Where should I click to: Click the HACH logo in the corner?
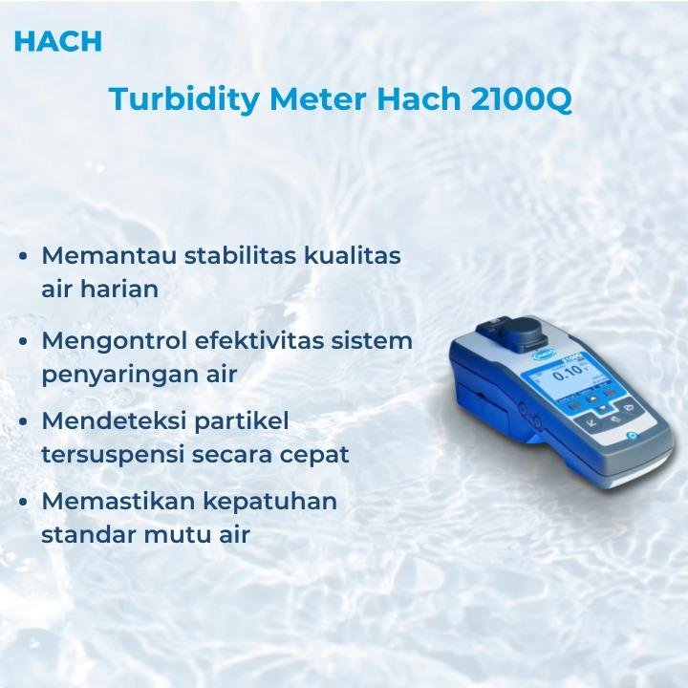click(58, 41)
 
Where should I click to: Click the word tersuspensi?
click(114, 453)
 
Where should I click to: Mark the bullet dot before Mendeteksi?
click(22, 421)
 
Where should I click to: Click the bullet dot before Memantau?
click(22, 257)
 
